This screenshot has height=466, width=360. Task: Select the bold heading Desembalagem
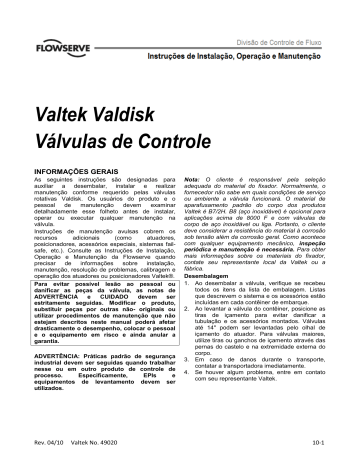pyautogui.click(x=209, y=248)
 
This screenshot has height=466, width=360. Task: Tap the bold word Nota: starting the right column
pyautogui.click(x=194, y=170)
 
